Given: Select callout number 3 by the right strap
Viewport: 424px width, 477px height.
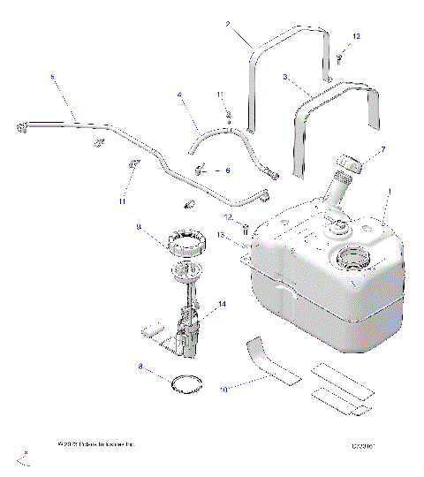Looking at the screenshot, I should pos(284,78).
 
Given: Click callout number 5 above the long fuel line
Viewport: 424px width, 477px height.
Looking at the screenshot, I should pos(51,78).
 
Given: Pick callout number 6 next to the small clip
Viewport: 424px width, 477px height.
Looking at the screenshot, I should pos(227,171).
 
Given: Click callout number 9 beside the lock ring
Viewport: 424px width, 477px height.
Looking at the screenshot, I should pos(139,227).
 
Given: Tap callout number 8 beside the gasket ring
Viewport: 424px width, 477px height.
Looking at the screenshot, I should pos(140,365).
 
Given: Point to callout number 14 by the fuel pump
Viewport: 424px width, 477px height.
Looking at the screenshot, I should pos(222,303).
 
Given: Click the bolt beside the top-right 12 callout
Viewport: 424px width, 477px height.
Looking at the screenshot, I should pos(339,57).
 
